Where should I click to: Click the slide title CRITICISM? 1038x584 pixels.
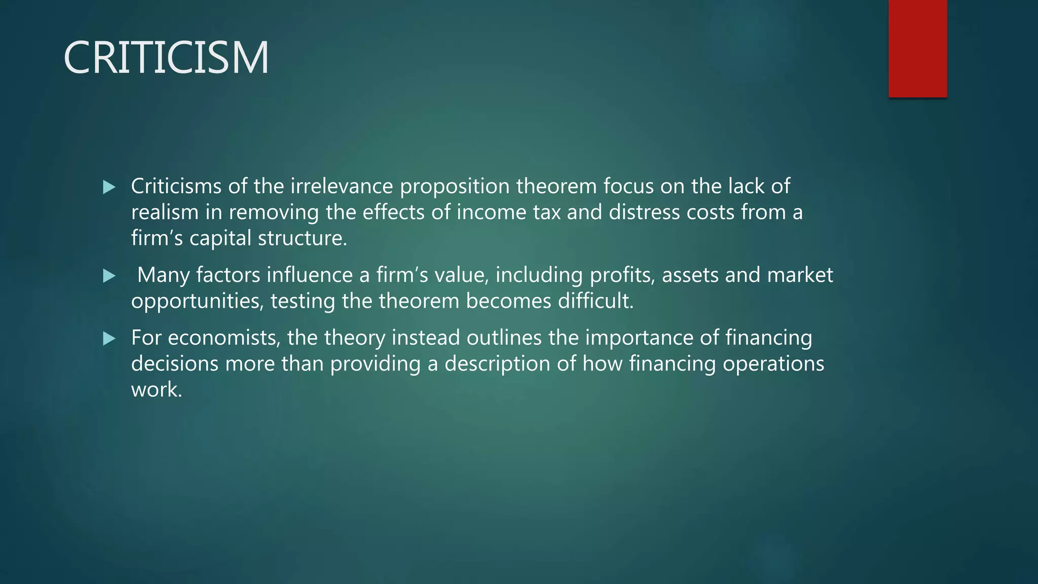pos(166,58)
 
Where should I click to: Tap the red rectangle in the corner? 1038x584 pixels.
pos(917,49)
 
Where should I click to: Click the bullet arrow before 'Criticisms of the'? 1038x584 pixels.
pos(109,188)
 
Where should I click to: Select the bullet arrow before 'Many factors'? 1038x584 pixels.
pos(109,276)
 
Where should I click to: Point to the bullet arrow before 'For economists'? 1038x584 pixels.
pos(109,339)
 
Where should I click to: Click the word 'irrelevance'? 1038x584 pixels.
pos(342,186)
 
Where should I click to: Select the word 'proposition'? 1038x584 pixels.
pos(455,187)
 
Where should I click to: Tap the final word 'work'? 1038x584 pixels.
pos(154,389)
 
